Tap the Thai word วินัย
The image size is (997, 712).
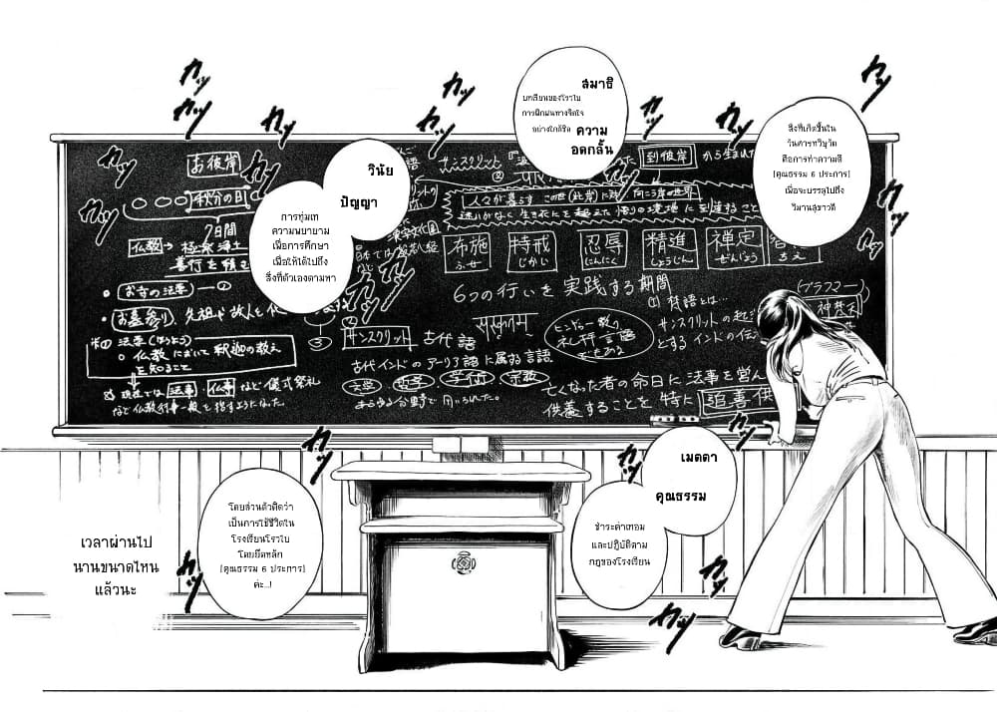tap(381, 171)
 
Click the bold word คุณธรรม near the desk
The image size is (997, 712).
tap(681, 497)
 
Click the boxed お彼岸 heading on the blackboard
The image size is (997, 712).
tap(215, 162)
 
